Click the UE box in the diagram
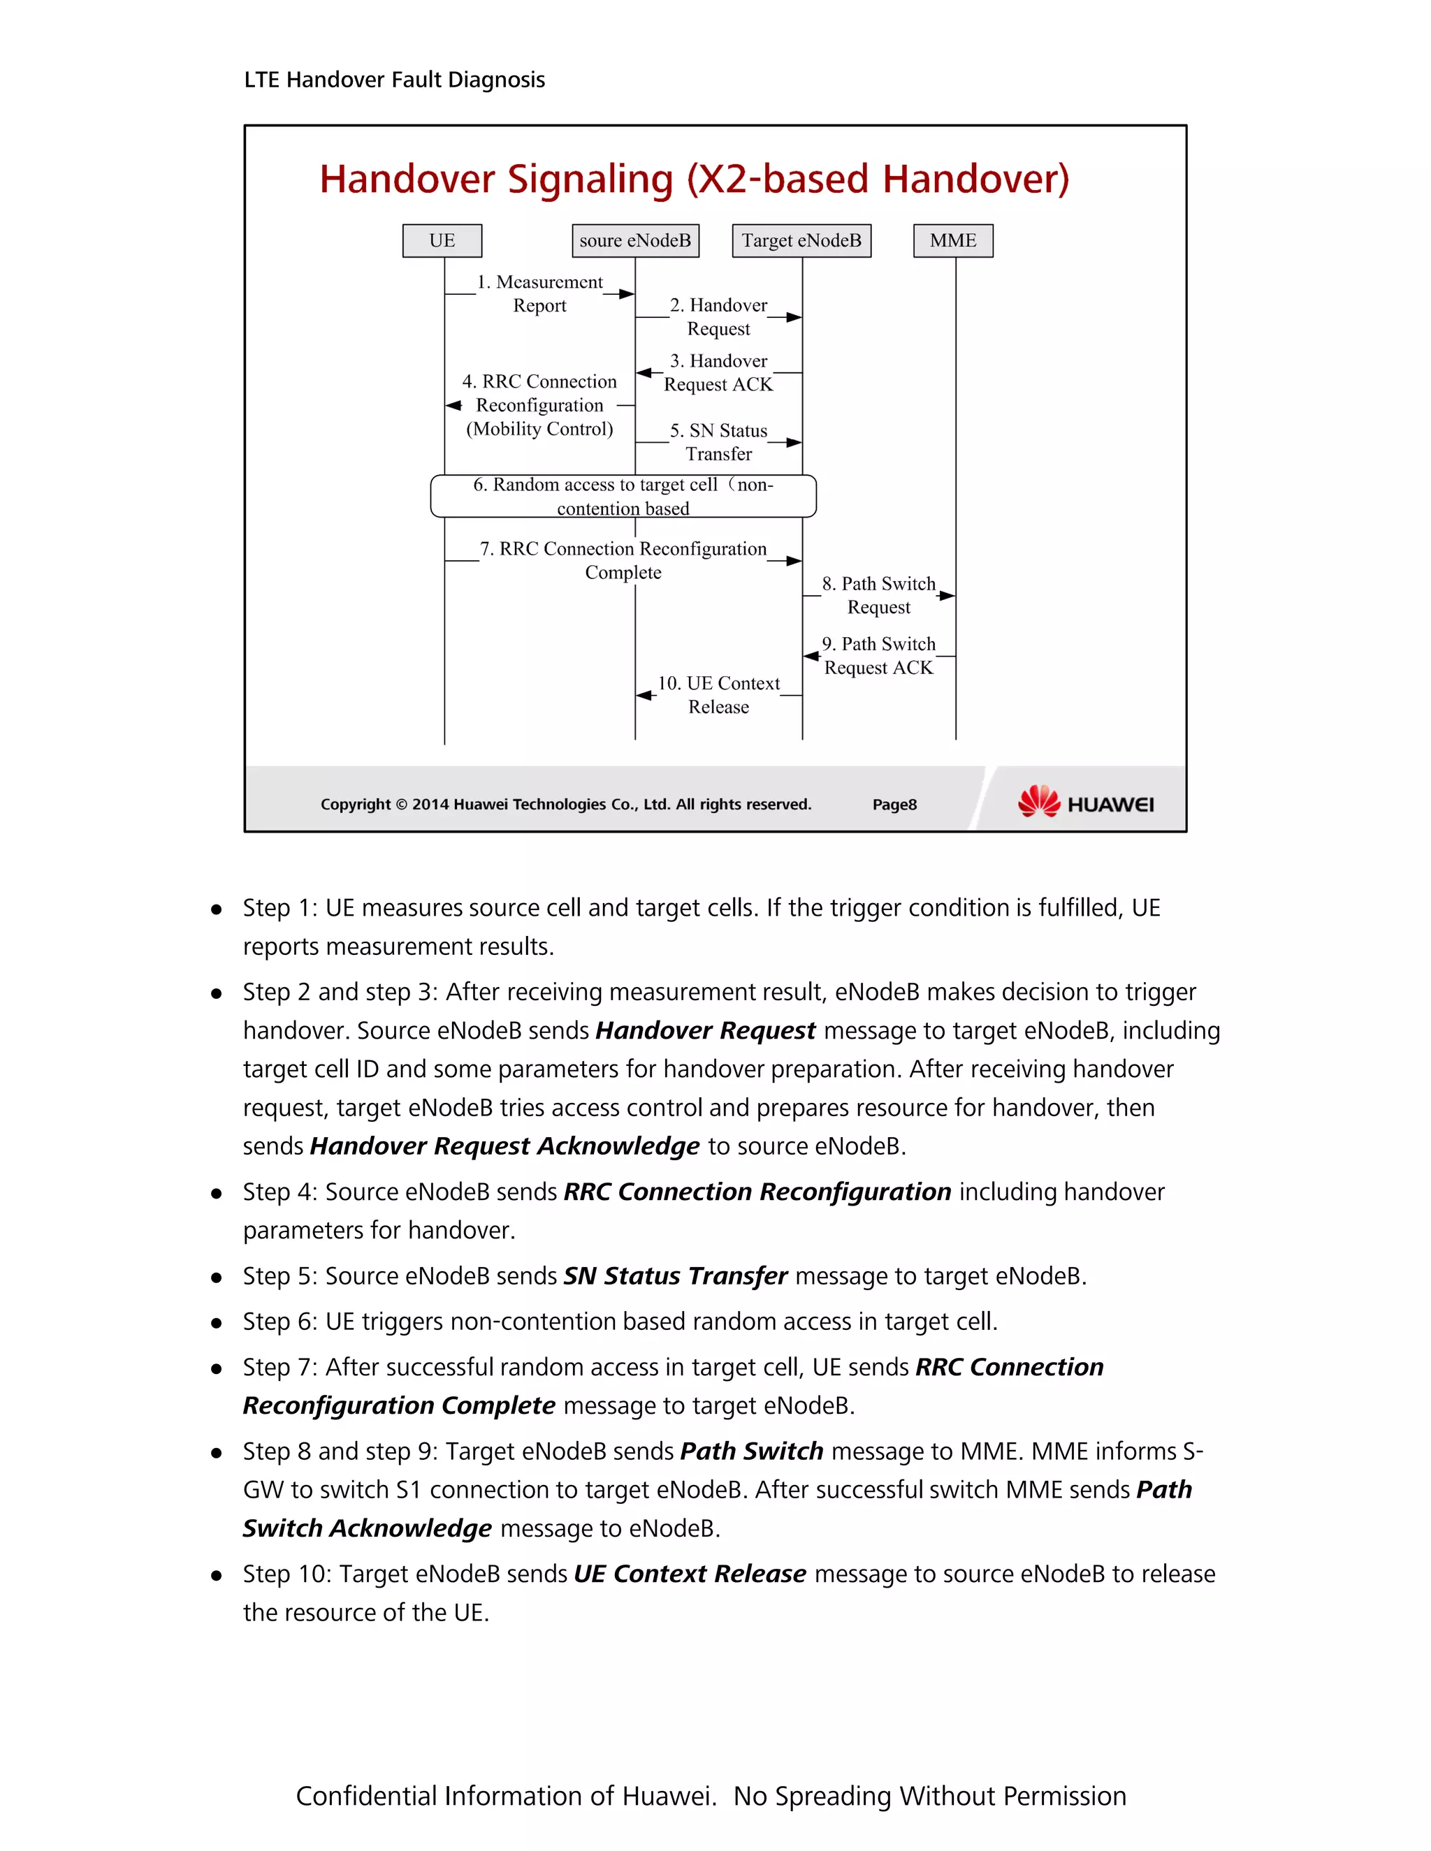[x=442, y=241]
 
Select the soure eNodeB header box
[x=635, y=241]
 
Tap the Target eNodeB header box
[x=801, y=241]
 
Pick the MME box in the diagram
[x=953, y=241]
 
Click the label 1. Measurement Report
[x=540, y=293]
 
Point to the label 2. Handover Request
[x=718, y=316]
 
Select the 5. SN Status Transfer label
[x=718, y=442]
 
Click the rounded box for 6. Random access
[x=623, y=497]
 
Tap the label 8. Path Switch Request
[x=878, y=595]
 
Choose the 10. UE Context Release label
[x=718, y=695]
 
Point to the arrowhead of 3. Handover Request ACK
[x=644, y=373]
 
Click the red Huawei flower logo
[x=1038, y=801]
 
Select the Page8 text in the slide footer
[x=894, y=804]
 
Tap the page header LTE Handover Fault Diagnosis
[x=394, y=80]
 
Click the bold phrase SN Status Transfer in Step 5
[x=676, y=1275]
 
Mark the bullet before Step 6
[x=217, y=1322]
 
